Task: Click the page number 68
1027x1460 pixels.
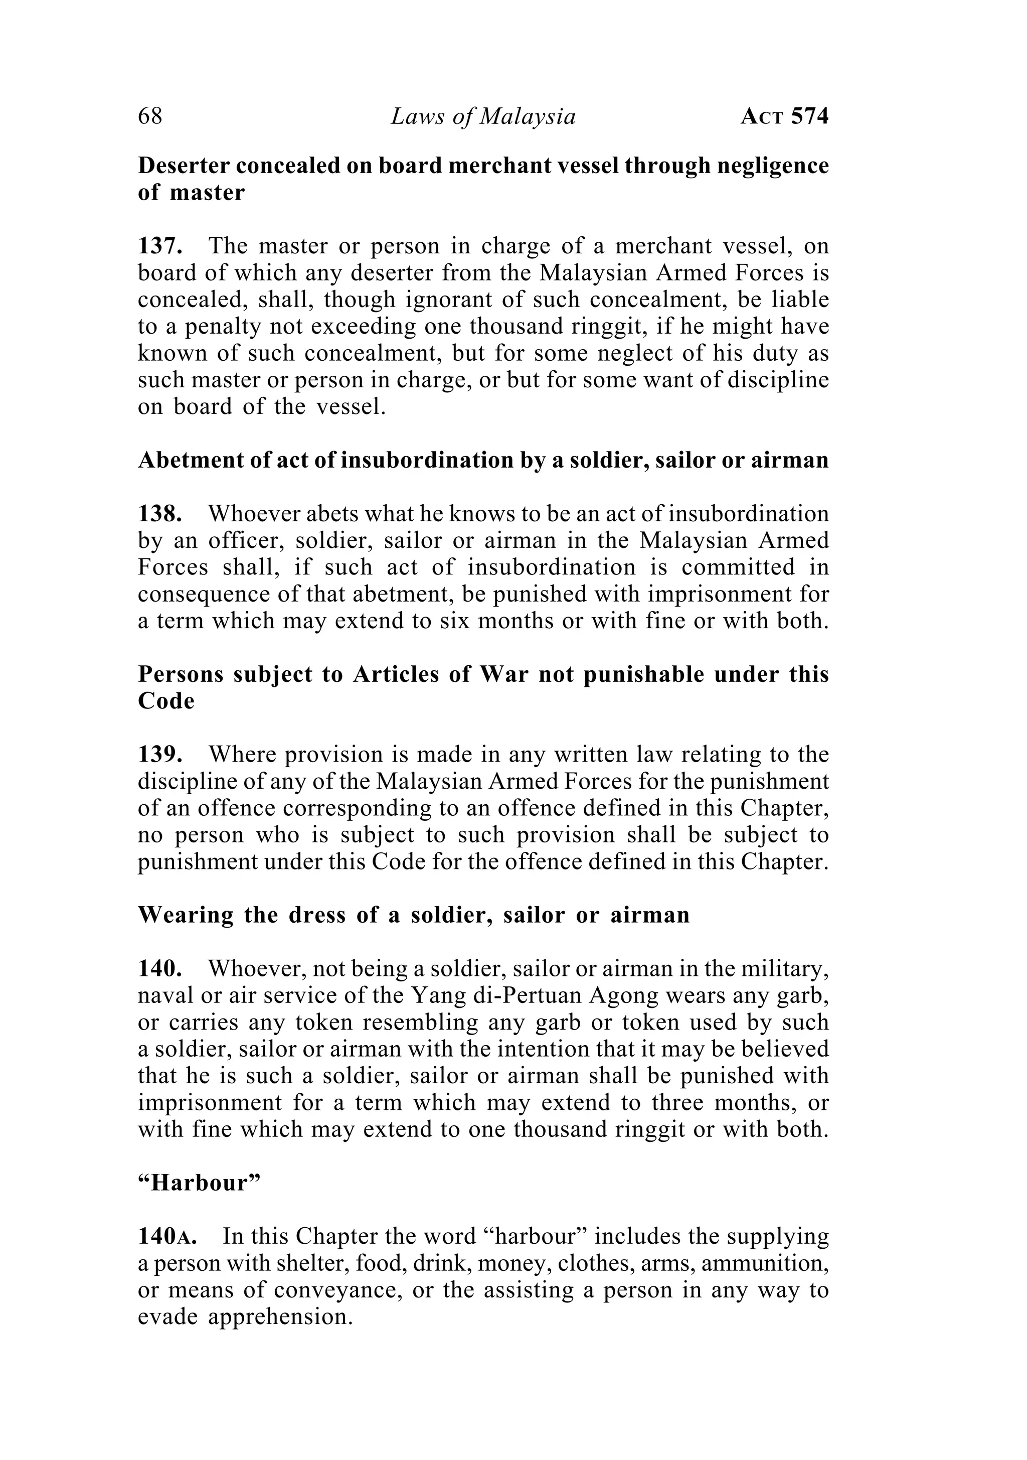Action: pyautogui.click(x=150, y=116)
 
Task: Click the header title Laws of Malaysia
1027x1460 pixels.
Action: pyautogui.click(x=482, y=116)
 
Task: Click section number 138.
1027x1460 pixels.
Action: pyautogui.click(x=161, y=514)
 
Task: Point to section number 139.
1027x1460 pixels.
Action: pyautogui.click(x=161, y=755)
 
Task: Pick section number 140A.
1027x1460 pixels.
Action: pyautogui.click(x=167, y=1237)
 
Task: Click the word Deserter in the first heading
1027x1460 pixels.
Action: pyautogui.click(x=183, y=166)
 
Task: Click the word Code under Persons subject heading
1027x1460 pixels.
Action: pyautogui.click(x=166, y=701)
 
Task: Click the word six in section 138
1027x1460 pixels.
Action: pyautogui.click(x=454, y=621)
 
